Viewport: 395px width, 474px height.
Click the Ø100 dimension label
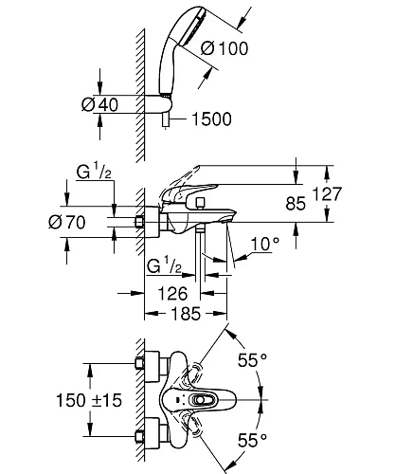coord(224,48)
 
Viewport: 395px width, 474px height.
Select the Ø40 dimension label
coord(99,104)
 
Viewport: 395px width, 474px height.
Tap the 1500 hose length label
coord(211,119)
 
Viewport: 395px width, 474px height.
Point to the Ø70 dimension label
coord(67,222)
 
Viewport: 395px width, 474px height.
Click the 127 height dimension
coord(327,193)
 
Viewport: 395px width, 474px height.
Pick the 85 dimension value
coord(296,204)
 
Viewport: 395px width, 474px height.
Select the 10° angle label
coord(265,244)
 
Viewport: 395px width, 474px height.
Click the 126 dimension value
coord(172,294)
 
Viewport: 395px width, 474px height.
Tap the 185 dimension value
coord(186,314)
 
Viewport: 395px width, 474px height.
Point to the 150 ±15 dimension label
coord(89,400)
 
